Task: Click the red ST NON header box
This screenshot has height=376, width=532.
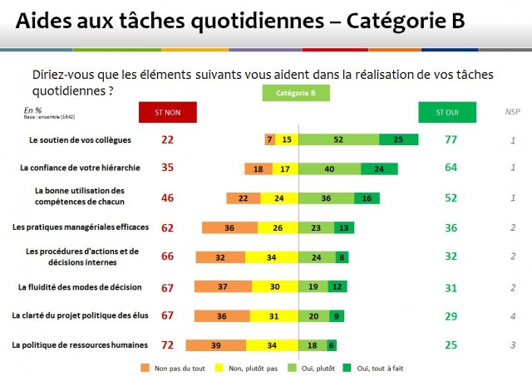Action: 167,112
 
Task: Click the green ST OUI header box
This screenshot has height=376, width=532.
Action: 447,112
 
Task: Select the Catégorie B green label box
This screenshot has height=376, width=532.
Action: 289,94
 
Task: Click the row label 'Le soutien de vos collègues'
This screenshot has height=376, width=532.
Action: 79,139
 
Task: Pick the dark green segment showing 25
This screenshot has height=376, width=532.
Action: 398,139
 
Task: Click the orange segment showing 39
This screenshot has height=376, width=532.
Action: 214,344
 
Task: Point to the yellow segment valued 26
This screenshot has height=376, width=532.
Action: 278,227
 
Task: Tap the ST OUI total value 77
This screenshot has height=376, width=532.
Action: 451,139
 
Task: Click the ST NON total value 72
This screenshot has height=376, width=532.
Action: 167,344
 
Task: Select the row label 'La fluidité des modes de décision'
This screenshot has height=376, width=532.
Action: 80,287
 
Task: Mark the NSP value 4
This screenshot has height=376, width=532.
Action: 514,315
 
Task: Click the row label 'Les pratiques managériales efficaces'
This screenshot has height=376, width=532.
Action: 80,227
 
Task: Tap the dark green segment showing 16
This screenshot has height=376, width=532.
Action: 367,198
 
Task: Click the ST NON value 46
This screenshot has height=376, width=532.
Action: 167,198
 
